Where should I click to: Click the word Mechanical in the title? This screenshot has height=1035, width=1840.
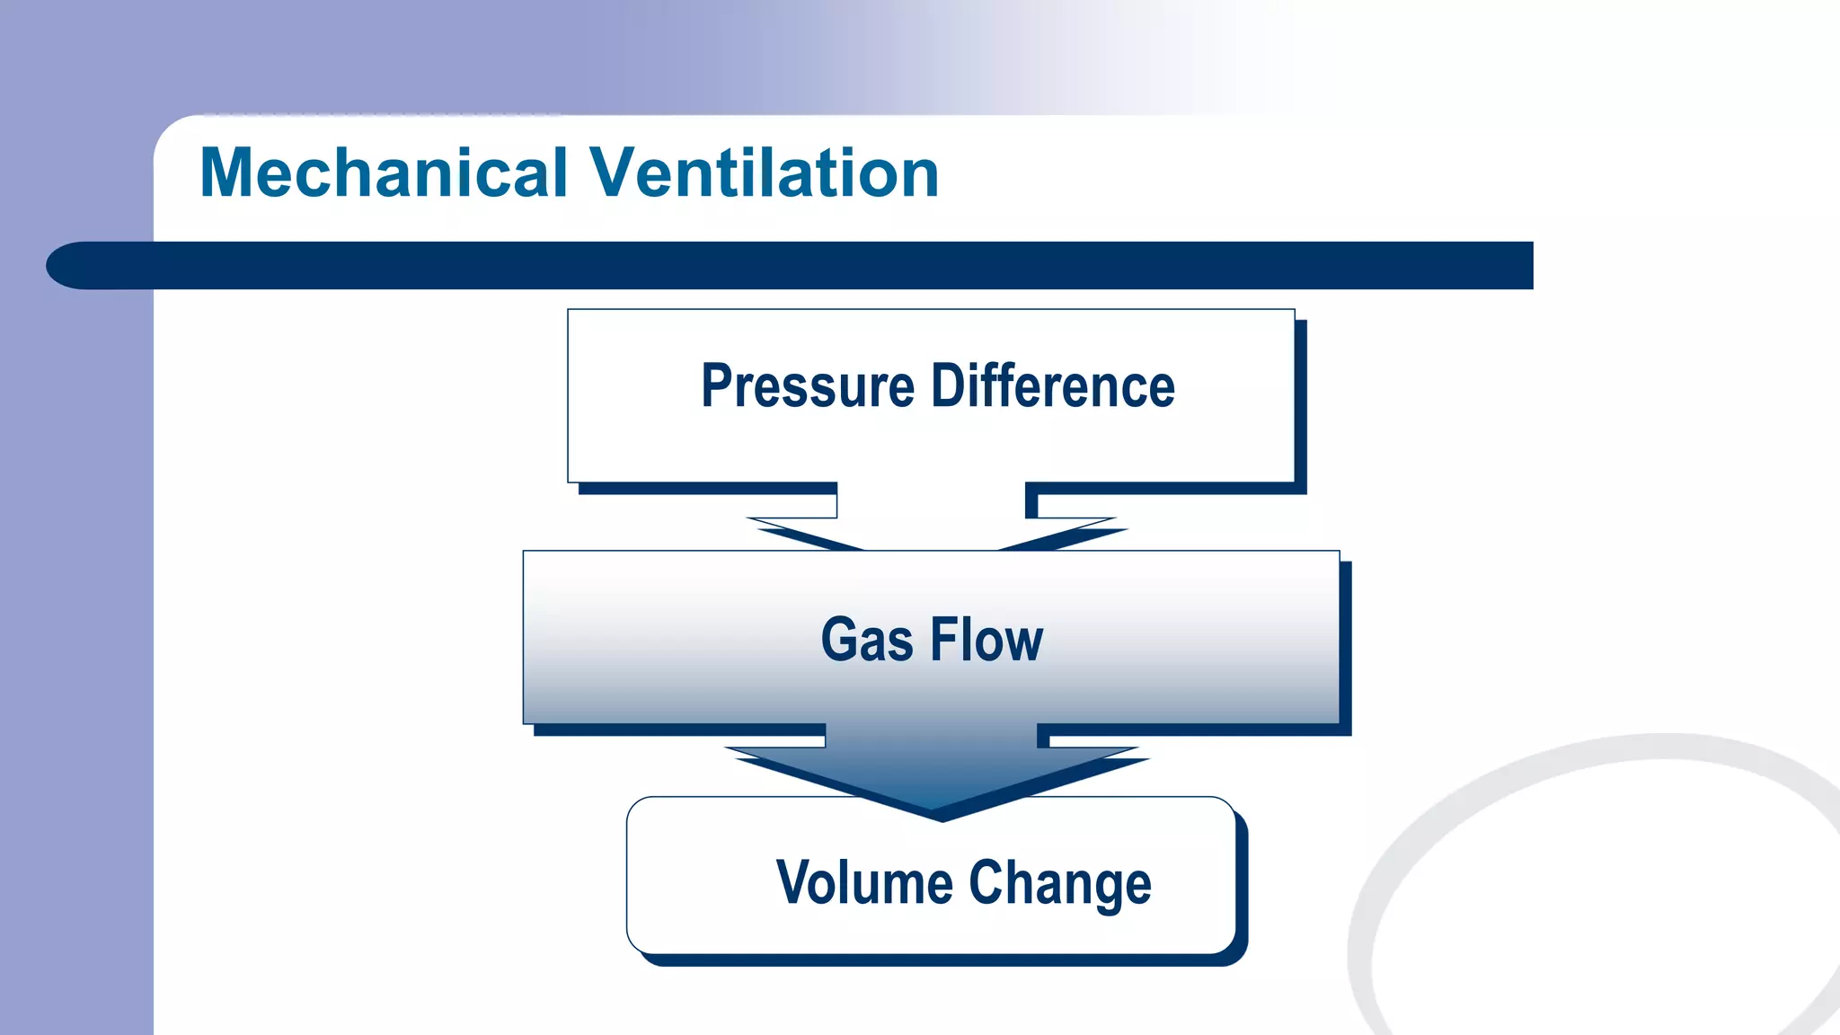(384, 172)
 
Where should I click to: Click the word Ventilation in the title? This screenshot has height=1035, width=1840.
(764, 172)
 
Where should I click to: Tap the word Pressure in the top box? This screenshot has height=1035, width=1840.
(808, 386)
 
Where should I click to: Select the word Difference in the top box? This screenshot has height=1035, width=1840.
(1053, 386)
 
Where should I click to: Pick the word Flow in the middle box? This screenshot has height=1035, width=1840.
(986, 640)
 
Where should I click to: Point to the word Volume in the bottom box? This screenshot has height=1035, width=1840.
(863, 882)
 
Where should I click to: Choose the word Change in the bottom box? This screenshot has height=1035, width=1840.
(1060, 884)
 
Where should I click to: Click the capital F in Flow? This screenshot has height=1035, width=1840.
(945, 640)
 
